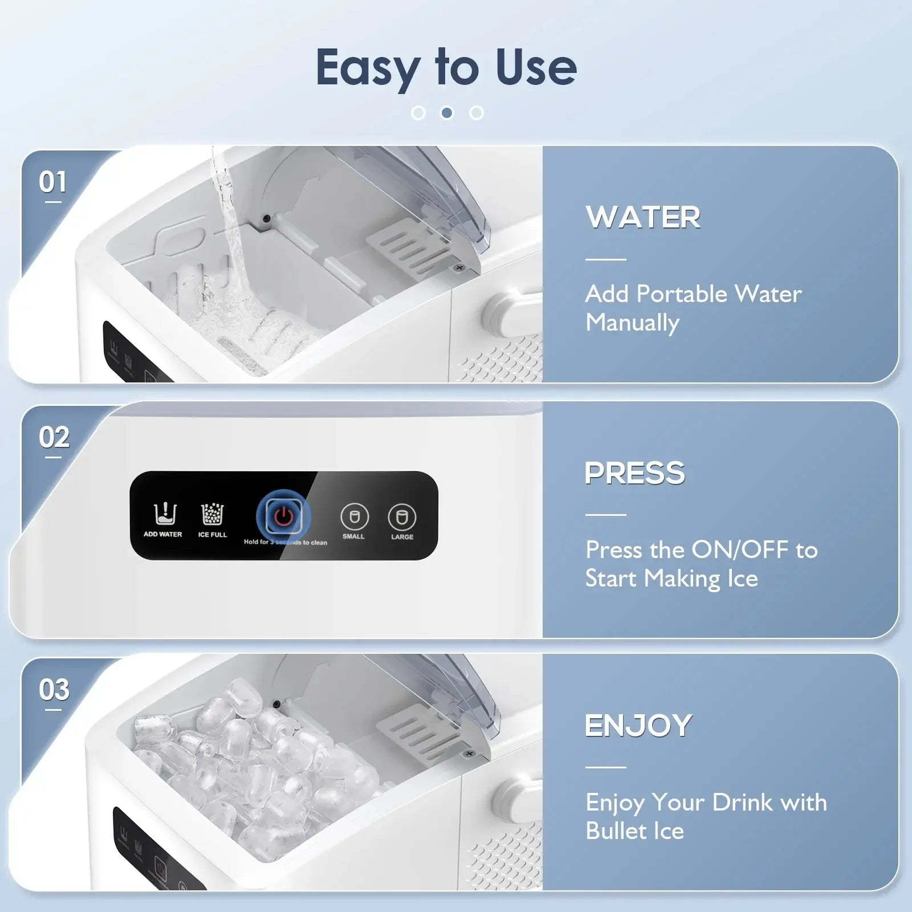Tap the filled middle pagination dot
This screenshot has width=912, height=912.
coord(447,113)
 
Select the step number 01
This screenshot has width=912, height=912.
coord(52,182)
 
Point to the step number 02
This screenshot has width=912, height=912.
coord(54,438)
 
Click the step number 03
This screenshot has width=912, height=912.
coord(54,690)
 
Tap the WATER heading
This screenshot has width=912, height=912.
coord(643,218)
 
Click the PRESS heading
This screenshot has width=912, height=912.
coord(635,473)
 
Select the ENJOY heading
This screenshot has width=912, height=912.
coord(638,726)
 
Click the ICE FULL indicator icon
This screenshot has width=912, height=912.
coord(213,514)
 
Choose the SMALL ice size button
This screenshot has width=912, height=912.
coord(354,516)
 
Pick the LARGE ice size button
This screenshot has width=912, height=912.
coord(402,516)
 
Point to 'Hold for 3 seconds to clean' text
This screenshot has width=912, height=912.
coord(285,542)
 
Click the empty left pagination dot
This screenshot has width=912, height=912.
coord(418,113)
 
